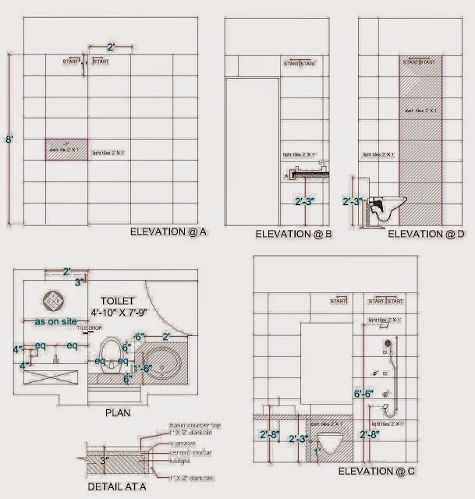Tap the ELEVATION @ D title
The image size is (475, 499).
click(425, 233)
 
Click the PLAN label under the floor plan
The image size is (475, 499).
click(119, 413)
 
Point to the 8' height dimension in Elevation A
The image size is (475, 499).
click(9, 140)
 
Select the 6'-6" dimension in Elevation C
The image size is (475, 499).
click(365, 395)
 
